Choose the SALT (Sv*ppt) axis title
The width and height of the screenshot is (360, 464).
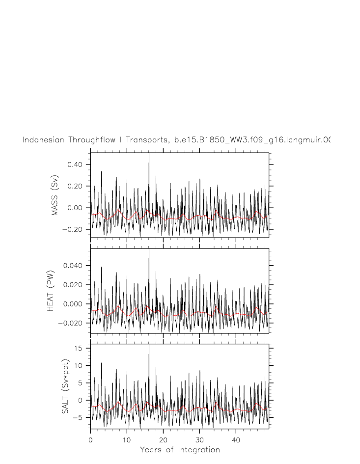65,386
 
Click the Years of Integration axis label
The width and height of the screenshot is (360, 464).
180,450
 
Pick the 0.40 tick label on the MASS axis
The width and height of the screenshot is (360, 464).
77,164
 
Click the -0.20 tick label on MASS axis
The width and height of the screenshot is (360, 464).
75,229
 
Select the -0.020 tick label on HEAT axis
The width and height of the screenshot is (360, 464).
73,323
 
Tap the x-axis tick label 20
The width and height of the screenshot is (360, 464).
163,439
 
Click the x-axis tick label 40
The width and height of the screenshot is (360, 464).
236,439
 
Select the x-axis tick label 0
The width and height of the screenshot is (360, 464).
91,439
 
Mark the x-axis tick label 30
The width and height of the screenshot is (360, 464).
199,439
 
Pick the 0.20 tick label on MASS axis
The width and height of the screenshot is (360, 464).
77,186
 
